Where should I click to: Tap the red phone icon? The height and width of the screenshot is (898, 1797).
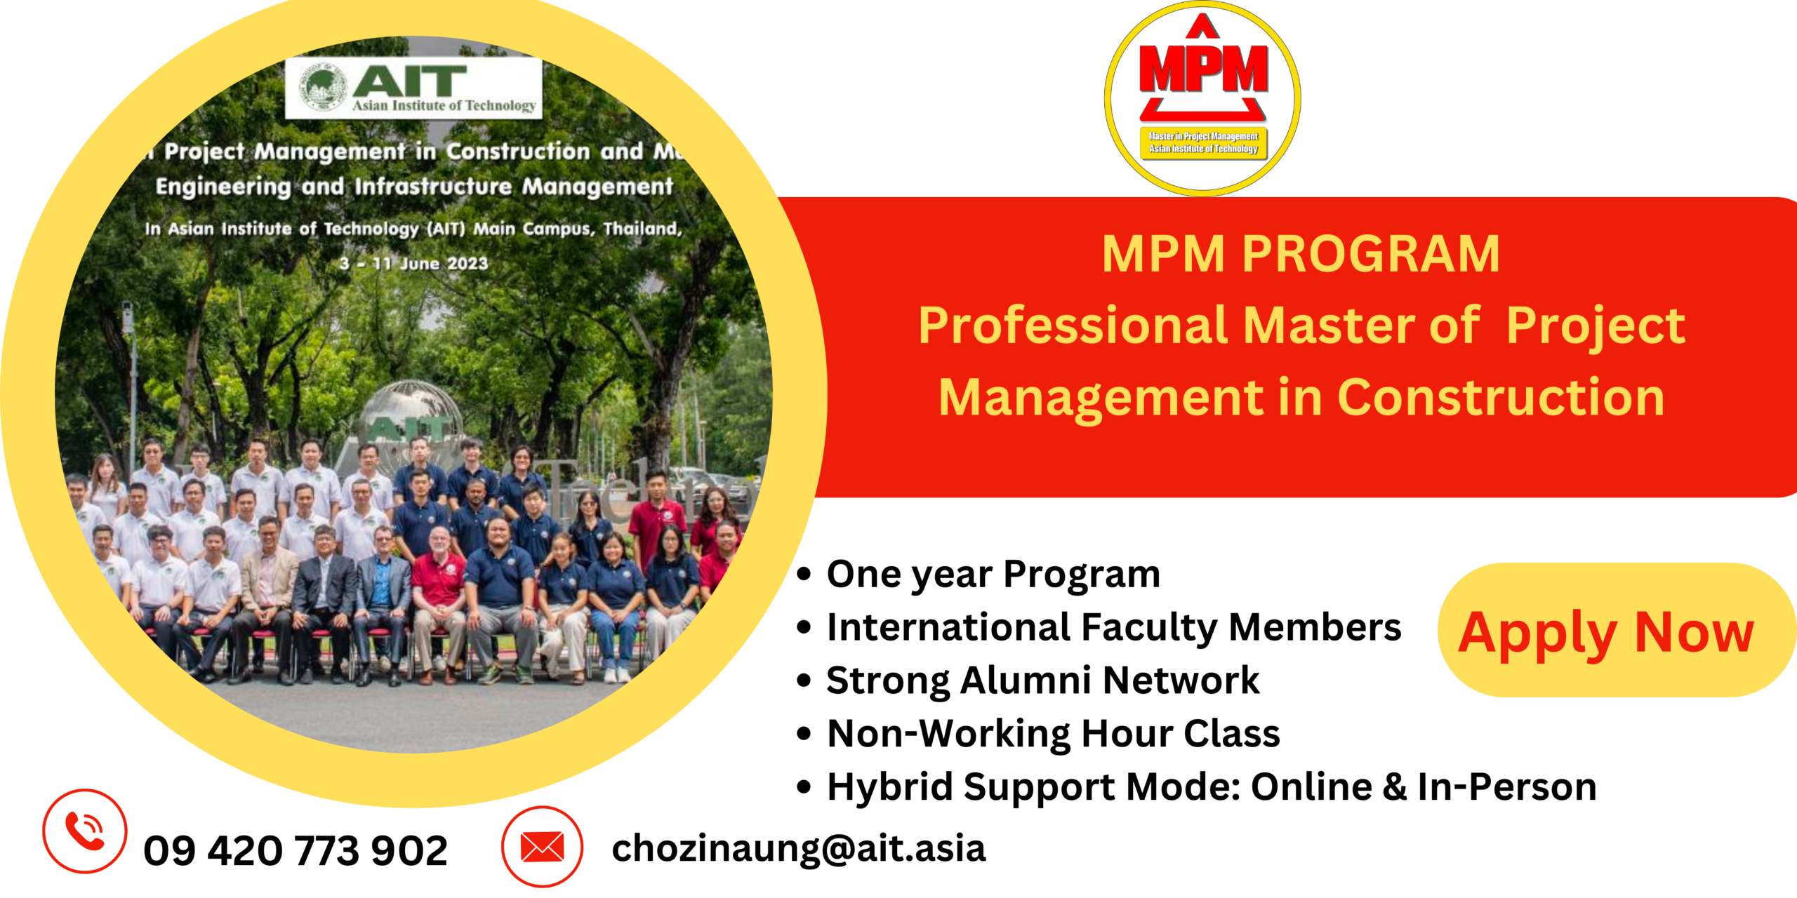[x=85, y=831]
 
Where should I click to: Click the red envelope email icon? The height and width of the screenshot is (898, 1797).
[x=542, y=847]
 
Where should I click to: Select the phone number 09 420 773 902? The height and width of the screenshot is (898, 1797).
[x=296, y=850]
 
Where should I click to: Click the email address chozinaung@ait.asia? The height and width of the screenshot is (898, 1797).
[x=799, y=848]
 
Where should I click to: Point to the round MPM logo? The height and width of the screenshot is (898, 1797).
[x=1202, y=98]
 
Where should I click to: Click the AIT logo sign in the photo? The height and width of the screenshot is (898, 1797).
[x=413, y=88]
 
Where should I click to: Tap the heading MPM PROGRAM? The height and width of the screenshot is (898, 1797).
[x=1301, y=253]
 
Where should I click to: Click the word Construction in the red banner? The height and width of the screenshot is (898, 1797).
[x=1501, y=397]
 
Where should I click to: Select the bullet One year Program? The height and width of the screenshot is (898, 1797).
[x=993, y=575]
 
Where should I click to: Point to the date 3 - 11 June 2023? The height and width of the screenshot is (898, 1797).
[x=413, y=264]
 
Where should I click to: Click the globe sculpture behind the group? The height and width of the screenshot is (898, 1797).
[x=411, y=414]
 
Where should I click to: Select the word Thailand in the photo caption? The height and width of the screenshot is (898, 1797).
[x=642, y=229]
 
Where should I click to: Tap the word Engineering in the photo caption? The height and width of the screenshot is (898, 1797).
[x=223, y=187]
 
